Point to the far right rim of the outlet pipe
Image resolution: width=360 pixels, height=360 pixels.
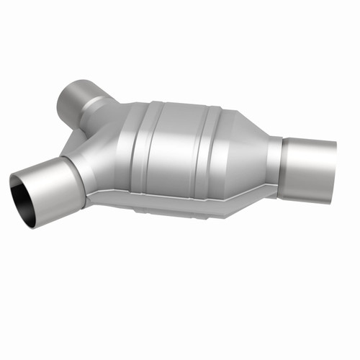(x=333, y=165)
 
